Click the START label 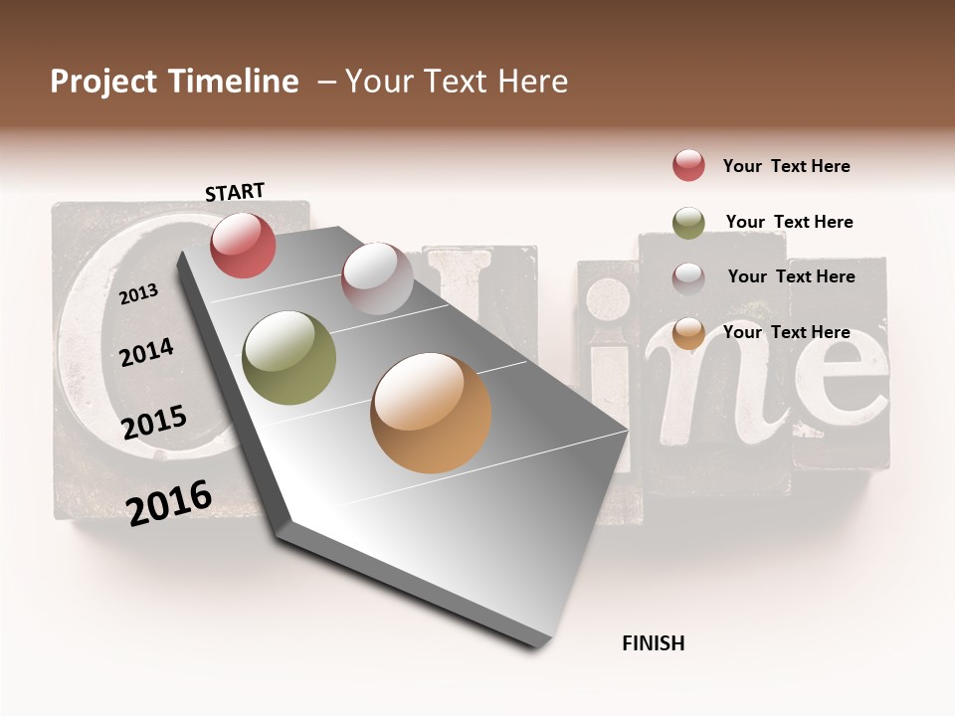[x=235, y=191]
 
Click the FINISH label [x=653, y=643]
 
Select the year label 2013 [x=139, y=293]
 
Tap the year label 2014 [x=147, y=352]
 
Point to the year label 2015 [x=154, y=423]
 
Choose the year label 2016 [x=169, y=501]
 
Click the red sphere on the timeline [x=244, y=245]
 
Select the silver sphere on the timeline [x=377, y=278]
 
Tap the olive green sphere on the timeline [x=289, y=358]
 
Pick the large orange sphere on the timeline [x=431, y=413]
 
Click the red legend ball [x=688, y=165]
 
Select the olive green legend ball [x=688, y=223]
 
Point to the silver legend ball [x=688, y=278]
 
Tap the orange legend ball [x=688, y=333]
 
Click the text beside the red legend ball [x=786, y=166]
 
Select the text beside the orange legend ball [x=786, y=332]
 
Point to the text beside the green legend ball [x=789, y=222]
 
